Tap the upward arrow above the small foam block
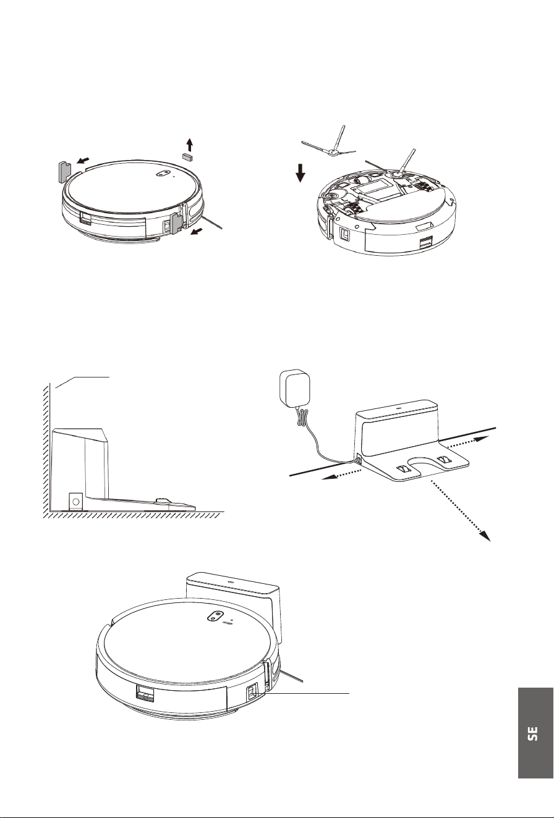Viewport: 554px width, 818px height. coord(189,145)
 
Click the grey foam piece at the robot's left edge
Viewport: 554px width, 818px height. coord(64,171)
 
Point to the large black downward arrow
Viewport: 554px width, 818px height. coord(300,173)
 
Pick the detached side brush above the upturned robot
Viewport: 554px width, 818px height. coord(328,145)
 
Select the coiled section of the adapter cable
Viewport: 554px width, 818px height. coord(302,416)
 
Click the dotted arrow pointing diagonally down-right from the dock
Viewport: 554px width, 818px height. coord(461,510)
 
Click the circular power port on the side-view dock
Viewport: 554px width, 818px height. coord(75,502)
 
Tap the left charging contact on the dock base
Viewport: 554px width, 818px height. coord(402,468)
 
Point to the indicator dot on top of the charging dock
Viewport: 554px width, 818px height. coord(398,405)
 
